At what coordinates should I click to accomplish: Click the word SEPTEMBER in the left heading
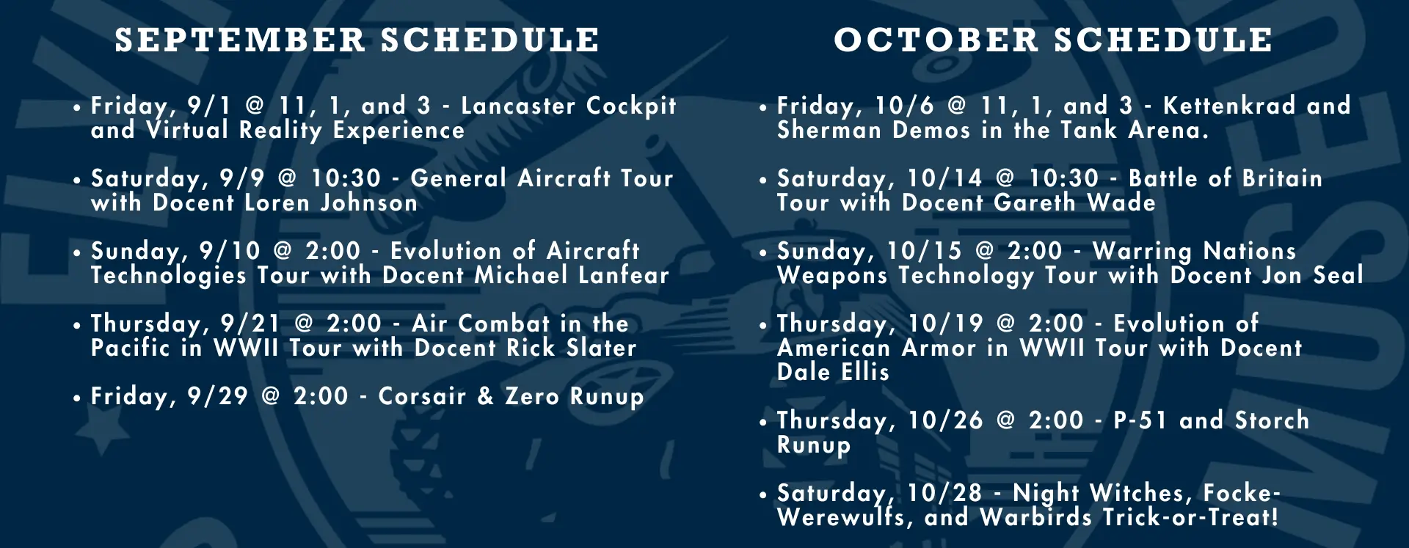pos(240,40)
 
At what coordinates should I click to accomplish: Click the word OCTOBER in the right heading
pos(936,40)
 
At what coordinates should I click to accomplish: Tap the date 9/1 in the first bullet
pos(209,106)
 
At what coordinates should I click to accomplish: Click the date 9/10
pos(230,251)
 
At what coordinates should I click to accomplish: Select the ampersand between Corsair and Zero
pos(485,396)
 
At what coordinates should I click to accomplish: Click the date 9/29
pos(217,396)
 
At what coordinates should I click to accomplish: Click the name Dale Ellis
pos(834,372)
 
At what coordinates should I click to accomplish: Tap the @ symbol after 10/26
pos(1006,420)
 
